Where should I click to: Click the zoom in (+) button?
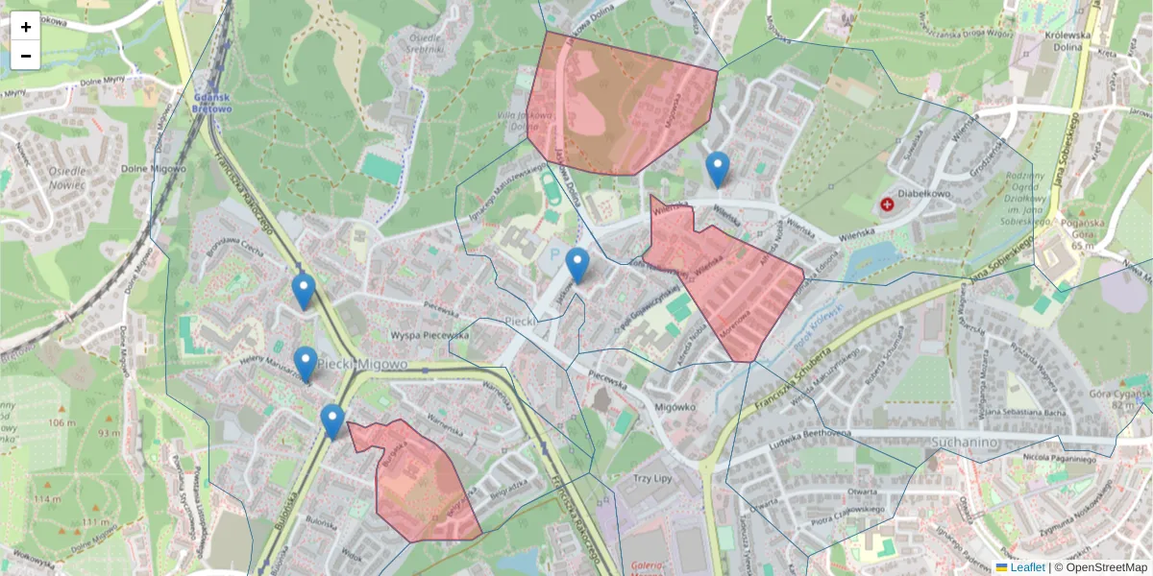[26, 27]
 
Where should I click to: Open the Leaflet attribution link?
[1026, 567]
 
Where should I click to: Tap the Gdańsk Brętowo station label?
[212, 103]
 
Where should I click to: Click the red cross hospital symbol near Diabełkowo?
[886, 204]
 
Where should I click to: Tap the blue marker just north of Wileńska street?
[717, 169]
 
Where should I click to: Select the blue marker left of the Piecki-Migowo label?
[306, 364]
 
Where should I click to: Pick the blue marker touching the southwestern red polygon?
[332, 421]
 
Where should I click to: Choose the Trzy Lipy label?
[656, 477]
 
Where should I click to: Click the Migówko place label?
[674, 406]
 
